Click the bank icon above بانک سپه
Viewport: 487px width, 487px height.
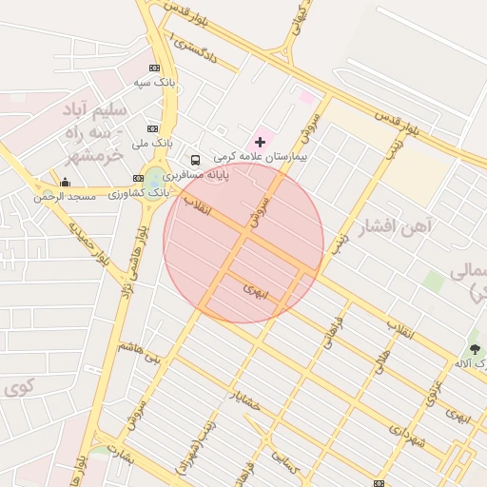154,68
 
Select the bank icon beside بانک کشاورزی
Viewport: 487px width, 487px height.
139,178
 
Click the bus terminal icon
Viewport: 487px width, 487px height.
195,160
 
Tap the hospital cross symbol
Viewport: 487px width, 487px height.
261,141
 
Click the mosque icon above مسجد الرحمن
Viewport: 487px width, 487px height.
65,182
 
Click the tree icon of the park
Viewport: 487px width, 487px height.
475,348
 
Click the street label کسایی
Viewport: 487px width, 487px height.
286,463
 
